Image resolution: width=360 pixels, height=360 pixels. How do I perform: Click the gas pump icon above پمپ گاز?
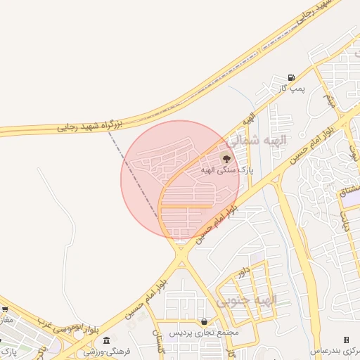[x=291, y=77]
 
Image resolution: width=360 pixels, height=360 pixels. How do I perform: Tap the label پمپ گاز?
[x=290, y=88]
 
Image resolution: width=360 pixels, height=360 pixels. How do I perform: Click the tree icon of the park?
[x=225, y=158]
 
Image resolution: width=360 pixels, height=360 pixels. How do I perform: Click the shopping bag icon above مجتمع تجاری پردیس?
[x=204, y=321]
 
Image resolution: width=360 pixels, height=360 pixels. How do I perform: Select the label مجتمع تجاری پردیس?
[x=204, y=332]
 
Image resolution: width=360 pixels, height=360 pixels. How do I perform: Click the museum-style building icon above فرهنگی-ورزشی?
[x=105, y=340]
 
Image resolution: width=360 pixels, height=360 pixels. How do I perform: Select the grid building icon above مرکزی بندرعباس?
[x=345, y=340]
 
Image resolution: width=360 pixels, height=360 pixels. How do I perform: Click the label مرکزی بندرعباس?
[x=336, y=350]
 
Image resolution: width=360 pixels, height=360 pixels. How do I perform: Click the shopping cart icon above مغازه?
[x=5, y=309]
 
